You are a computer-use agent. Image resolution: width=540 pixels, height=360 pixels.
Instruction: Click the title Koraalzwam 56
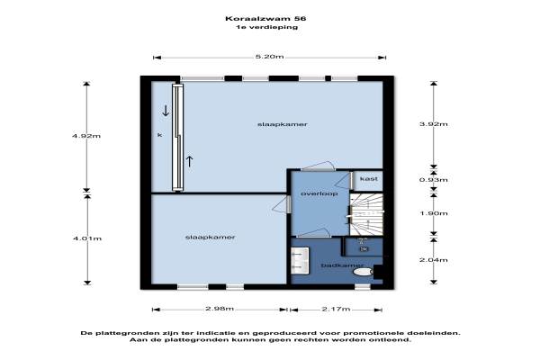(265, 18)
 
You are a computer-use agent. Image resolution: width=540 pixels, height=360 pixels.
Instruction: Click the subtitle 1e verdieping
(267, 27)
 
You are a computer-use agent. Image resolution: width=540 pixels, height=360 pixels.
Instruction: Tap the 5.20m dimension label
(270, 57)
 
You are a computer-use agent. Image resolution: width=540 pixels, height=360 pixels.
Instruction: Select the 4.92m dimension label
(86, 136)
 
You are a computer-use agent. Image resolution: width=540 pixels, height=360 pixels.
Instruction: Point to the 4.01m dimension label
(87, 238)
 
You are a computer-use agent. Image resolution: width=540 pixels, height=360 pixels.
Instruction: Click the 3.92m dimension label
(434, 124)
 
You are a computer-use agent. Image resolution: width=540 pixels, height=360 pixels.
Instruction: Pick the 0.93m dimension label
(434, 179)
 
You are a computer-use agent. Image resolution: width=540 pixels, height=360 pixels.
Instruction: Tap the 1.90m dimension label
(434, 213)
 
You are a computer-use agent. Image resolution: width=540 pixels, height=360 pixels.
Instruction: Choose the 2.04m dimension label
(434, 260)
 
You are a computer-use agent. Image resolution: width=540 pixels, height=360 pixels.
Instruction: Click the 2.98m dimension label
(220, 309)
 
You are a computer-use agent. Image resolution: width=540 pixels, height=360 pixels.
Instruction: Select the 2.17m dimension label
(336, 309)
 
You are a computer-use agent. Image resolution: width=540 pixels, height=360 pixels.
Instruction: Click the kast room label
(369, 179)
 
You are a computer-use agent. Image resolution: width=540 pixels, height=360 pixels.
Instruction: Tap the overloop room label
(319, 193)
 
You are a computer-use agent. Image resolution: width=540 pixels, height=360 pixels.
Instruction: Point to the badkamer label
(342, 265)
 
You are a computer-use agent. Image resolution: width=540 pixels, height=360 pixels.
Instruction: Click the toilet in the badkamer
(363, 272)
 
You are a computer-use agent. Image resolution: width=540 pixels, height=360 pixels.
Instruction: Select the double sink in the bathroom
(300, 260)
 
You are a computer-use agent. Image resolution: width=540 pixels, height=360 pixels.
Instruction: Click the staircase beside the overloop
(366, 214)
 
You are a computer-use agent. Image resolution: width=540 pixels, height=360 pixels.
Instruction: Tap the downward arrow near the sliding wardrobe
(166, 110)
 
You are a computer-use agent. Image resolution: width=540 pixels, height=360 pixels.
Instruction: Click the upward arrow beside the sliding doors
(189, 161)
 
